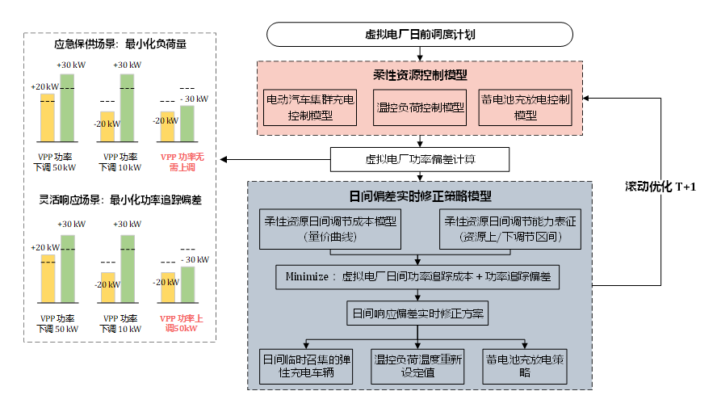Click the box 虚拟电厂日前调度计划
click(419, 34)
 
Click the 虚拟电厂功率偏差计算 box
click(420, 159)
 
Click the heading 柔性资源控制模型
click(420, 75)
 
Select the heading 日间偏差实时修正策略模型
click(420, 196)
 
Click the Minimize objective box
click(417, 276)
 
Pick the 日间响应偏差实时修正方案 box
click(417, 313)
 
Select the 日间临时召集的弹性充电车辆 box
click(308, 365)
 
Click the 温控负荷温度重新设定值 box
click(417, 365)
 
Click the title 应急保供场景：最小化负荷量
click(120, 45)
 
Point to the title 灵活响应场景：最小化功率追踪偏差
click(120, 198)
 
